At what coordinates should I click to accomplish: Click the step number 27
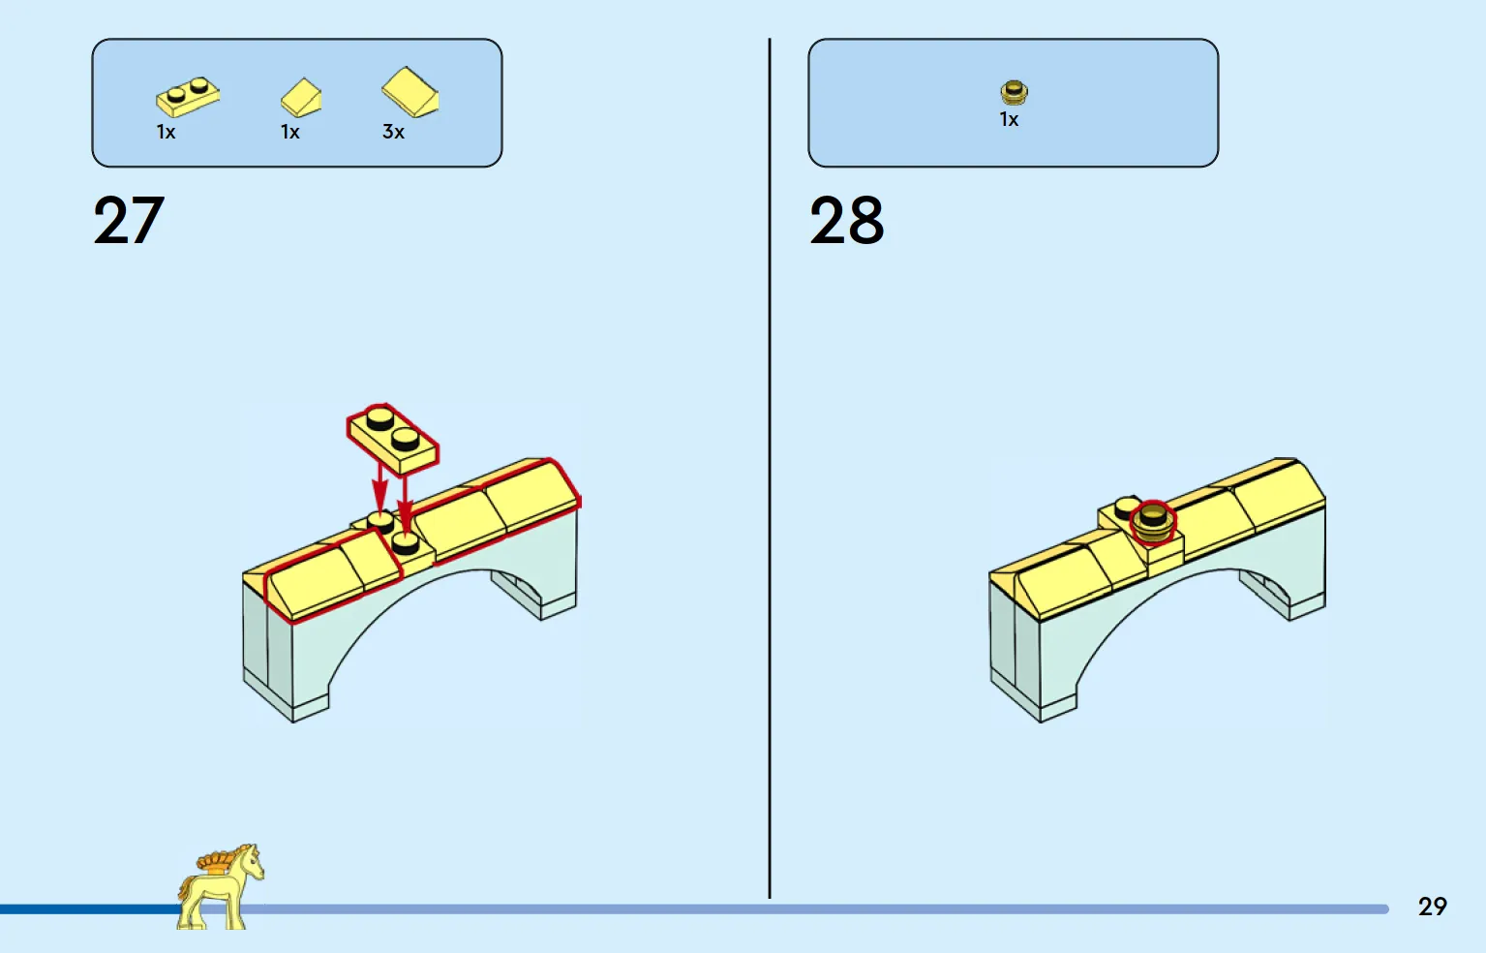(x=128, y=220)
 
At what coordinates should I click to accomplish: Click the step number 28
(x=846, y=220)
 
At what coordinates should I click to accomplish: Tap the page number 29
(x=1432, y=907)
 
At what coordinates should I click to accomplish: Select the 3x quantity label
(x=393, y=132)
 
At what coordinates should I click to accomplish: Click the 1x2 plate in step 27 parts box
(x=188, y=97)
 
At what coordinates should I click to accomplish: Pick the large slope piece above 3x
(x=409, y=92)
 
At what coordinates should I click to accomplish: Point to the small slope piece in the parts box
(x=301, y=98)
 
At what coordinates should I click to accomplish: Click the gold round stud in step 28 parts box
(x=1014, y=92)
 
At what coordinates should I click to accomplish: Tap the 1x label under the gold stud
(x=1009, y=119)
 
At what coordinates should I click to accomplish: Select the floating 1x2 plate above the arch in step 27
(x=393, y=439)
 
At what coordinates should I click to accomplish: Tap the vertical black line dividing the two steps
(x=770, y=468)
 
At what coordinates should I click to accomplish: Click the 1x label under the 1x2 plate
(x=166, y=132)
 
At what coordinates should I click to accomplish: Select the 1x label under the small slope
(x=289, y=132)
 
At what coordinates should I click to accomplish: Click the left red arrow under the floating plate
(x=379, y=487)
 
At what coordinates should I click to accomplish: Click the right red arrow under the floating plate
(x=405, y=498)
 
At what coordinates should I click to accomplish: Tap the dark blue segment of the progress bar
(x=90, y=909)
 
